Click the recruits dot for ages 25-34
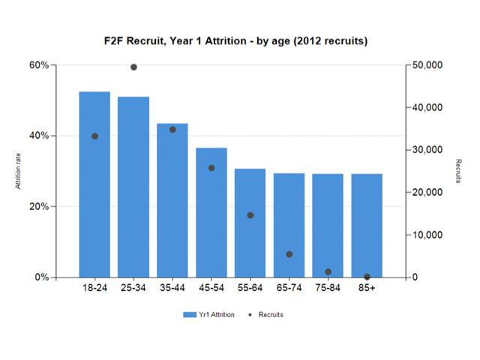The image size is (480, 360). [133, 67]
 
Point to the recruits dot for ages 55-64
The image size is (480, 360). [250, 215]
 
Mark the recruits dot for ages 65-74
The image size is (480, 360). [289, 254]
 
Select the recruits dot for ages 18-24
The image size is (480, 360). [94, 136]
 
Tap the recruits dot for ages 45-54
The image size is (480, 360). [211, 168]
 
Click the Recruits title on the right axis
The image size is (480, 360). [457, 171]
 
